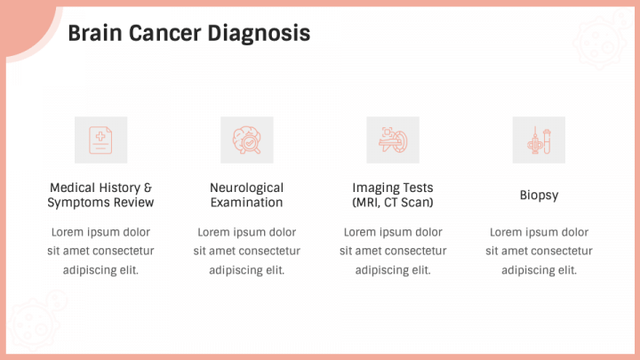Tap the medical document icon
pos(100,140)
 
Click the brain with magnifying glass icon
pos(246,140)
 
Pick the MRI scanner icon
pos(393,140)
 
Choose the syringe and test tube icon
pos(539,140)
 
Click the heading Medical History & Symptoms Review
pos(100,195)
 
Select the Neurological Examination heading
pos(246,195)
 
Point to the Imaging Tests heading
pos(393,188)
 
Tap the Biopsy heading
pos(539,195)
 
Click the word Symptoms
pos(83,203)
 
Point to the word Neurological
pos(246,188)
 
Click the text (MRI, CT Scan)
pos(393,203)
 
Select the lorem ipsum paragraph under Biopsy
pos(539,251)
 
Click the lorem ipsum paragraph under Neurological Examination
pos(246,251)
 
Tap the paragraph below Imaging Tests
pos(393,251)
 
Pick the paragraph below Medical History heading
pos(100,251)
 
